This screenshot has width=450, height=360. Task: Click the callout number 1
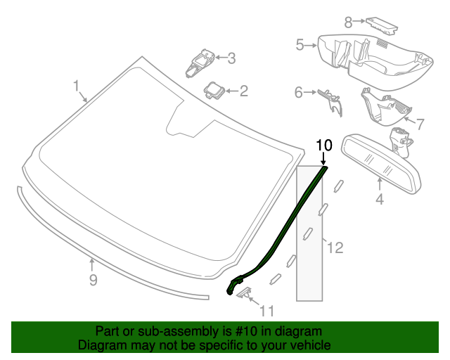(76, 86)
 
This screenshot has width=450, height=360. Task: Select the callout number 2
(243, 91)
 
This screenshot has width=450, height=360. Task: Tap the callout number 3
(231, 58)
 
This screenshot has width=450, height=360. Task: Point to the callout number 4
(379, 199)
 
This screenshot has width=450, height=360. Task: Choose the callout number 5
(300, 45)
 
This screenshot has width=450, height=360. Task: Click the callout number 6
(298, 92)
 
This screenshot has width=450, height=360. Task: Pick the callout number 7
(420, 124)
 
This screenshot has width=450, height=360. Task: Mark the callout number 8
(348, 22)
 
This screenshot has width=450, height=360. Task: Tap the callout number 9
(92, 281)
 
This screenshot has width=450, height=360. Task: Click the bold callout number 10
(323, 146)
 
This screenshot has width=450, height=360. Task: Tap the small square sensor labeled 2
(214, 89)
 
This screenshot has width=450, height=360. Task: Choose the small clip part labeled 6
(329, 99)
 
